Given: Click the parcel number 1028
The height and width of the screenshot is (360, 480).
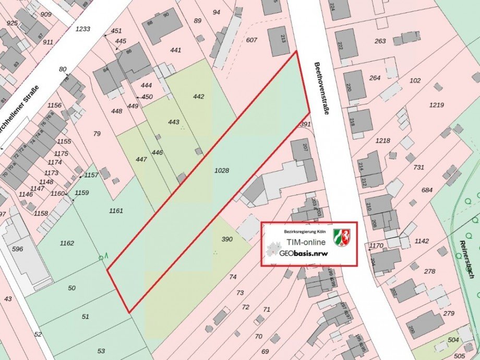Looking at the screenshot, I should pos(222,170).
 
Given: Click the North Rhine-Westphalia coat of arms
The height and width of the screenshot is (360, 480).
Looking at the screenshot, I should pos(342,237).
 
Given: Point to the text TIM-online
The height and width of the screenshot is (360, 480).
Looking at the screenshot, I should pos(306,242).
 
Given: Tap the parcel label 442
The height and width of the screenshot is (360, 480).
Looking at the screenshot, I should pos(198,97).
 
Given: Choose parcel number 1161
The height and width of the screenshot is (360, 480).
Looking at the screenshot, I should pos(116,211).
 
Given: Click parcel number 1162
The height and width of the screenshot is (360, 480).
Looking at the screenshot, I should pos(67,243).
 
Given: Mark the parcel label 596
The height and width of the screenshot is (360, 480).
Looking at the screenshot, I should pos(17,249).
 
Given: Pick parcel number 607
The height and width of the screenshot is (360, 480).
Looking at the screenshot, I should pos(251,40).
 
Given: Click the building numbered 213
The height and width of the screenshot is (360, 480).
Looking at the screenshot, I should pos(279,40).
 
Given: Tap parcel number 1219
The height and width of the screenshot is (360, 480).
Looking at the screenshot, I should pos(437,105).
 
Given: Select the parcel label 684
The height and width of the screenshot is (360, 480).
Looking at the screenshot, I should pos(427,190).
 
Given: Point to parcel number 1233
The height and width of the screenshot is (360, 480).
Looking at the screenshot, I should pos(82,29).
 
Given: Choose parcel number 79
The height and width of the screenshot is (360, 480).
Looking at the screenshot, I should pos(97,134).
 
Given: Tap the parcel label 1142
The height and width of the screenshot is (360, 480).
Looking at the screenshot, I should pos(422,241).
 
